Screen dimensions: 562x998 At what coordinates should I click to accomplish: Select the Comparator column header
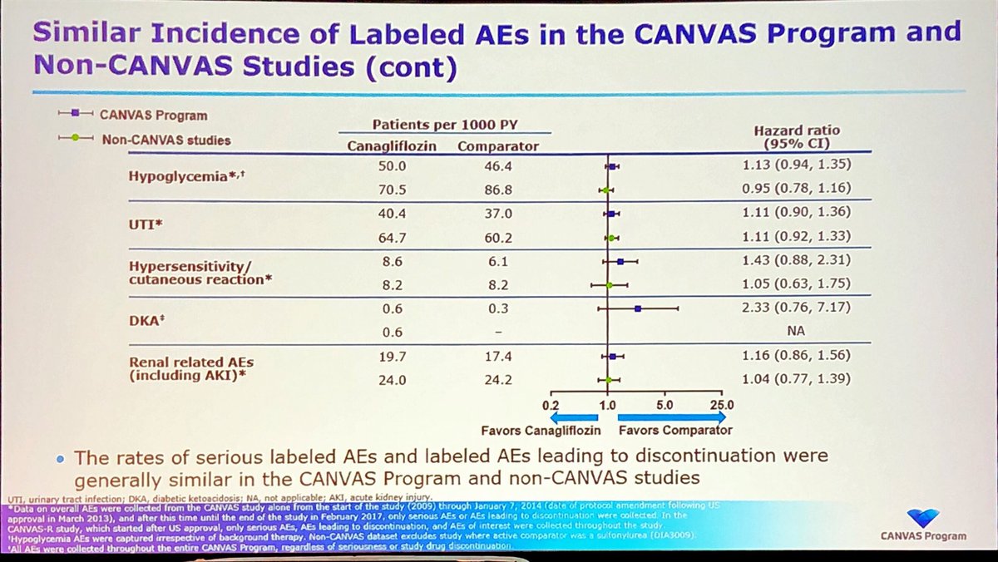click(x=498, y=147)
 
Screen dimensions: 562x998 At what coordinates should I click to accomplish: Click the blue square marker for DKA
click(x=638, y=308)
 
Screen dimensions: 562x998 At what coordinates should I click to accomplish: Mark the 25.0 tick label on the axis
click(x=720, y=405)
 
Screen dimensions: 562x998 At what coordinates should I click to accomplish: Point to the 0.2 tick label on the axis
click(x=551, y=405)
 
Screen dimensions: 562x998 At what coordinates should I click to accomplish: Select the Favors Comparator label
click(x=674, y=431)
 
